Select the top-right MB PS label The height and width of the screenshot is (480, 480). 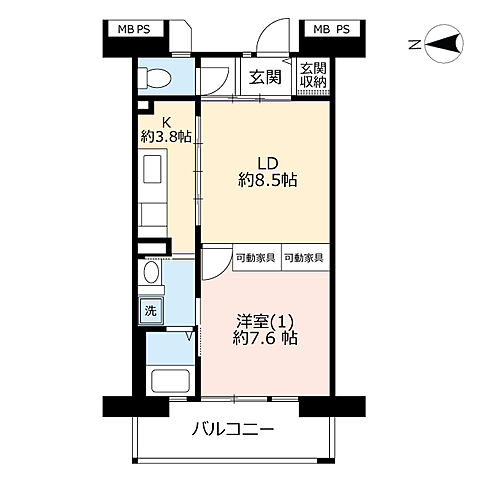click(331, 29)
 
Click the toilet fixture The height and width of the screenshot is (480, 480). click(155, 78)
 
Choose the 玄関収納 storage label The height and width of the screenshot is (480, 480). click(313, 76)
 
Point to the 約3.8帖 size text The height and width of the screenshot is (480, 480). click(166, 136)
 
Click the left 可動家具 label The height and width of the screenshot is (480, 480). click(256, 257)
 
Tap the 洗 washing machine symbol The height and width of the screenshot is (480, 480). click(150, 310)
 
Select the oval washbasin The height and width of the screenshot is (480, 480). click(151, 273)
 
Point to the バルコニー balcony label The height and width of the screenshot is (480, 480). click(233, 431)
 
